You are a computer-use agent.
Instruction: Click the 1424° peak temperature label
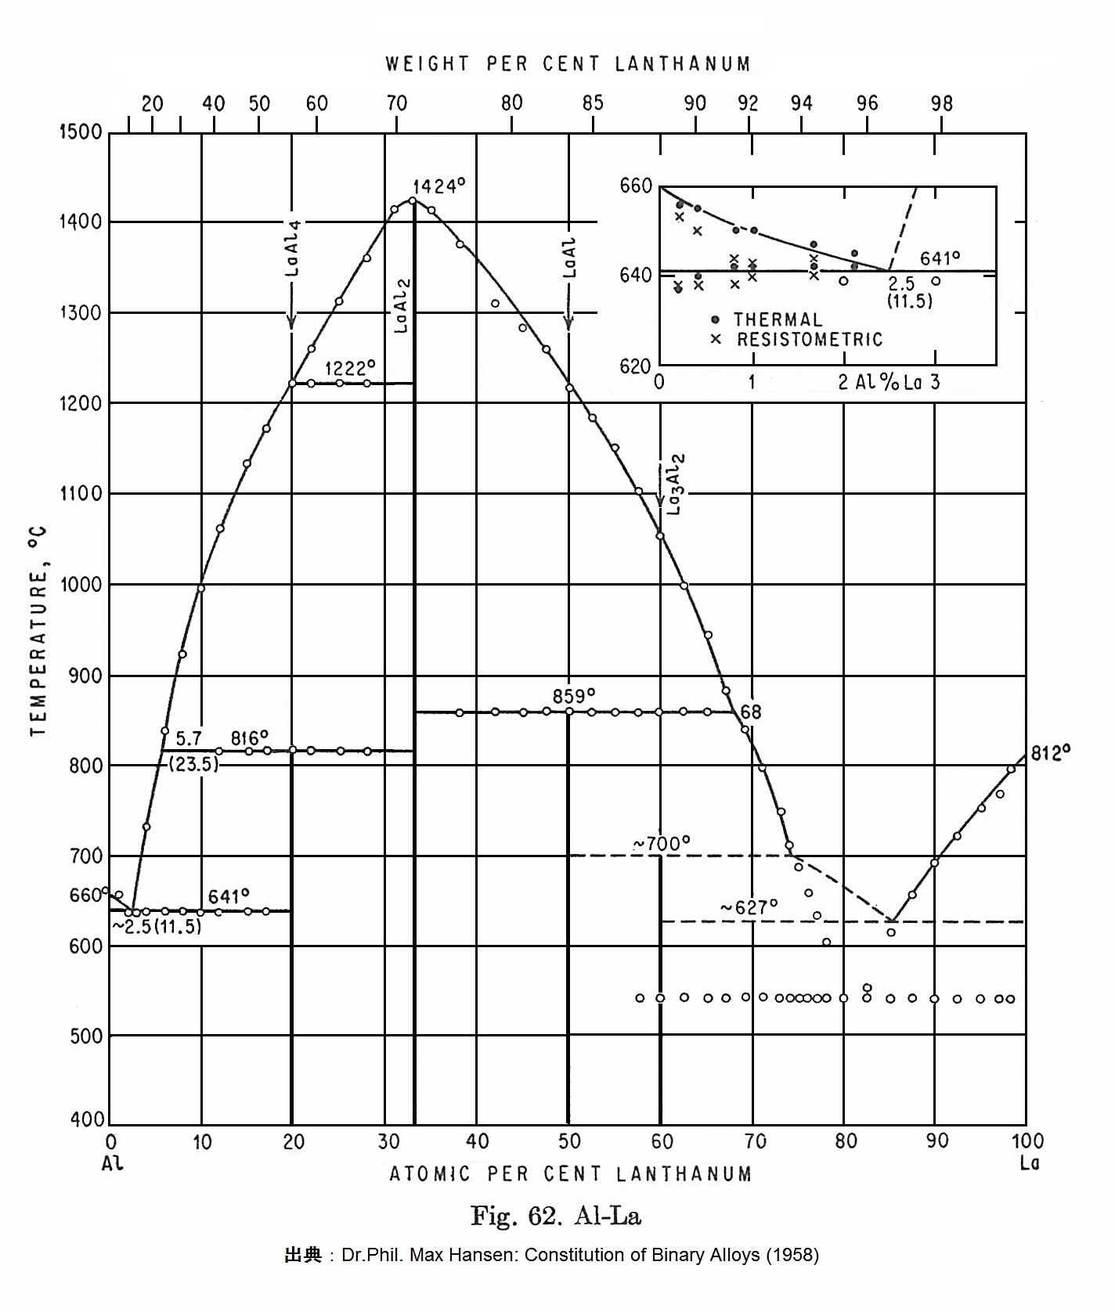439,186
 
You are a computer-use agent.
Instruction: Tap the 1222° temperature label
350,368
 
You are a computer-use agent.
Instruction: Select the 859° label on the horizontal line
573,696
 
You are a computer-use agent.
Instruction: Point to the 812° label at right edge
1051,753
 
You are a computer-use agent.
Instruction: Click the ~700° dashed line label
662,844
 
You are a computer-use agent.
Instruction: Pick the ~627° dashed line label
749,907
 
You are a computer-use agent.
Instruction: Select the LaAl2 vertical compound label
401,305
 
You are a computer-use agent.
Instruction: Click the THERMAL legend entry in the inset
778,320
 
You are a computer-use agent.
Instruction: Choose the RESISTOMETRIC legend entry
810,340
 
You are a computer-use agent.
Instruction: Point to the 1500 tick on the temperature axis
81,132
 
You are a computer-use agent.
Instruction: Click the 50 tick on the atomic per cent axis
569,1142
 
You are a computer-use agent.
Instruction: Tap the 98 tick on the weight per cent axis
942,104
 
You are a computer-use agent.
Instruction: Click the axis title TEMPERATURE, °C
38,631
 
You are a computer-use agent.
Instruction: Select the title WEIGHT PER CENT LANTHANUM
568,64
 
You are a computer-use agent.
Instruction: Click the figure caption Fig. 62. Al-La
556,1216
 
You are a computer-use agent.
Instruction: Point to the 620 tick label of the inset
636,366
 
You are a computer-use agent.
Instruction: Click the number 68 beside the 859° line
751,712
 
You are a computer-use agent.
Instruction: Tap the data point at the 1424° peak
413,200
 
